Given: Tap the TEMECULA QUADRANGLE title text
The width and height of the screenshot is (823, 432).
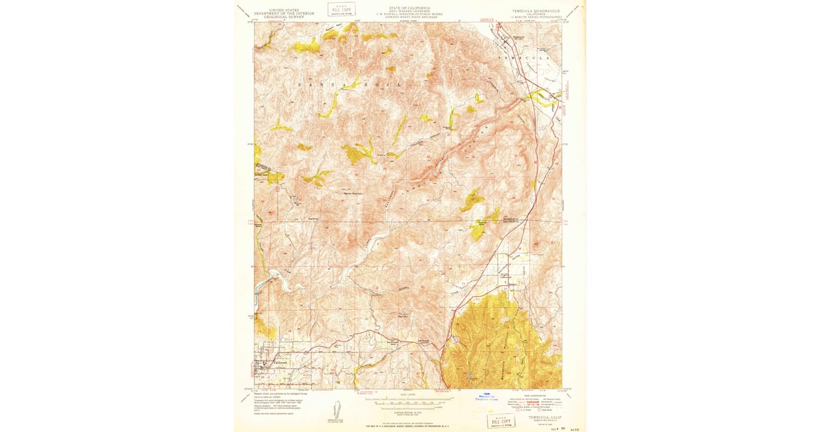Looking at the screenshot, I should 536,11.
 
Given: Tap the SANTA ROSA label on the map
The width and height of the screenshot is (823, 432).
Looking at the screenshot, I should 329,82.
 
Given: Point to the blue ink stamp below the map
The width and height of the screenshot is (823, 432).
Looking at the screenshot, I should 488,396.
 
